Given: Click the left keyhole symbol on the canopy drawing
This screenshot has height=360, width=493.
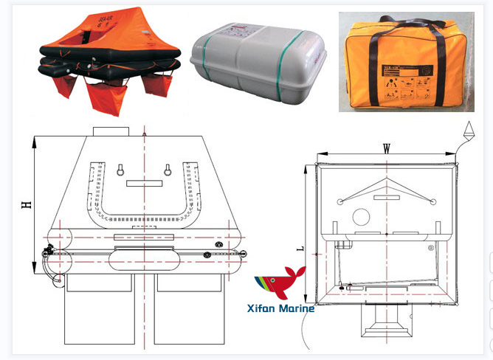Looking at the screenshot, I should pos(118,170).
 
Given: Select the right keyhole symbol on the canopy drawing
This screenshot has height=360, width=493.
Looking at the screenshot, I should pos(169,170).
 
